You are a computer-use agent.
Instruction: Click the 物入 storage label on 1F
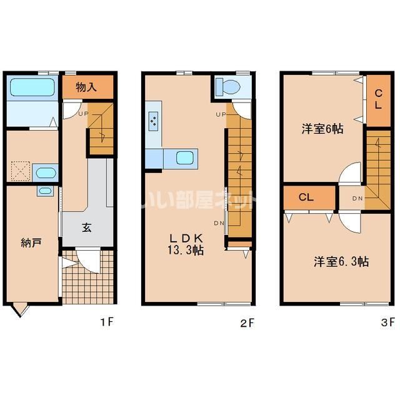[x=87, y=86]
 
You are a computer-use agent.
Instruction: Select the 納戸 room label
[x=31, y=242]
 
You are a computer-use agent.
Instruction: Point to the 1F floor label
[x=106, y=322]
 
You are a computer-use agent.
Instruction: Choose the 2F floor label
[x=247, y=322]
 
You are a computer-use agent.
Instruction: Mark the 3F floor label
[x=387, y=322]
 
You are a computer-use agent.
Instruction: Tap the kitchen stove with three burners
[x=153, y=121]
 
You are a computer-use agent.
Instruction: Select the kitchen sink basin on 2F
[x=184, y=157]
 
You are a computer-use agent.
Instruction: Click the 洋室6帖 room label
[x=322, y=129]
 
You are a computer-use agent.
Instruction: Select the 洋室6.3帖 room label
[x=341, y=261]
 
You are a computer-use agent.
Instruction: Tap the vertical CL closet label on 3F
[x=378, y=100]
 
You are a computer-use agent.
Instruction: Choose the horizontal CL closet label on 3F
[x=306, y=197]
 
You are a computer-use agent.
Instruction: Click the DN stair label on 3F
[x=357, y=199]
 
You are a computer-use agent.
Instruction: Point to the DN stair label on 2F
[x=219, y=223]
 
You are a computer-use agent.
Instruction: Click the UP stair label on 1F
[x=82, y=114]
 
